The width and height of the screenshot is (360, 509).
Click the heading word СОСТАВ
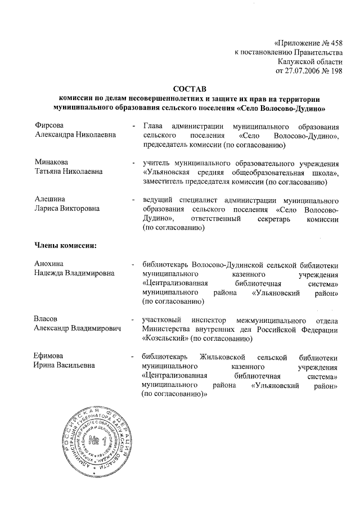(x=190, y=88)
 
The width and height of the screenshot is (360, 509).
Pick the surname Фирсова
(x=49, y=125)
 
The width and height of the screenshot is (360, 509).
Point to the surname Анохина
(x=49, y=264)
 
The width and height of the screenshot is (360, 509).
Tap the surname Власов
(x=47, y=319)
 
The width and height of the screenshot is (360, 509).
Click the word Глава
(x=153, y=125)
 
